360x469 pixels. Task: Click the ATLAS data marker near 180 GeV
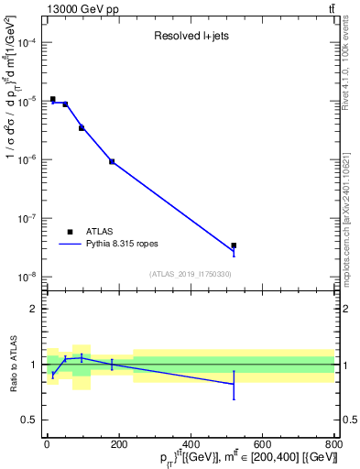(112, 161)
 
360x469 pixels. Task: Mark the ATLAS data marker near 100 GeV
(82, 128)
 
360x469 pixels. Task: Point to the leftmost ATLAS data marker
(53, 99)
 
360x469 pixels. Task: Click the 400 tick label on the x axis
(191, 445)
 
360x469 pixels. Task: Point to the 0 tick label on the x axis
(48, 445)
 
